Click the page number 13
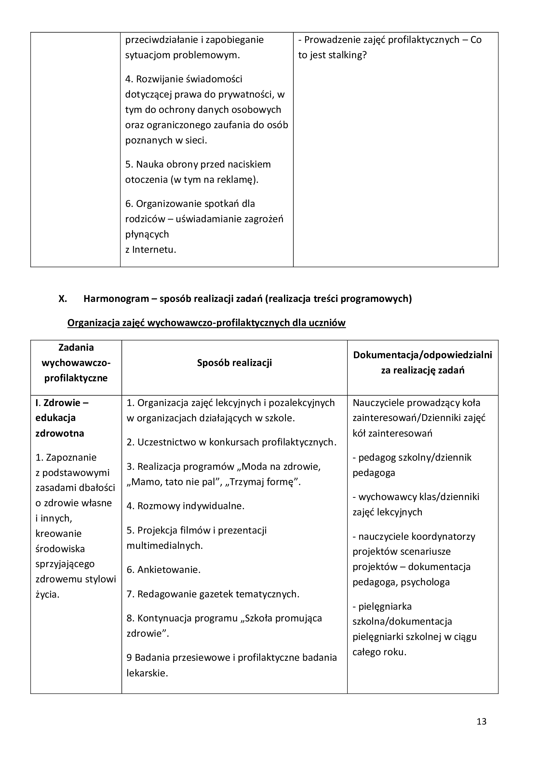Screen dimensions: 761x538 pyautogui.click(x=481, y=721)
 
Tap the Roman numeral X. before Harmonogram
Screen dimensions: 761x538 pyautogui.click(x=62, y=299)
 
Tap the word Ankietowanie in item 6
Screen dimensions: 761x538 pyautogui.click(x=168, y=569)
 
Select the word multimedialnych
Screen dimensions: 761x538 pyautogui.click(x=165, y=545)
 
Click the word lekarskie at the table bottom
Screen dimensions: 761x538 pyautogui.click(x=147, y=673)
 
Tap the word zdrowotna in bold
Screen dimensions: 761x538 pyautogui.click(x=60, y=433)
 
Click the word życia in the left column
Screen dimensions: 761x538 pyautogui.click(x=47, y=594)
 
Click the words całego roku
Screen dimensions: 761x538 pyautogui.click(x=379, y=652)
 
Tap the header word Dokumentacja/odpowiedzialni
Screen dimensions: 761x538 pyautogui.click(x=423, y=355)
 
